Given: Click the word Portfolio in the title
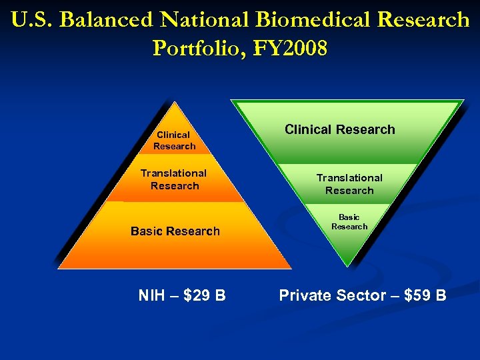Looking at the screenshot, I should point(197,48).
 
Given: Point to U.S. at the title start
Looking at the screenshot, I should point(32,20).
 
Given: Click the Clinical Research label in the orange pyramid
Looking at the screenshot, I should point(174,140).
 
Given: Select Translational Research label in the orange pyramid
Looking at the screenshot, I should point(174,179).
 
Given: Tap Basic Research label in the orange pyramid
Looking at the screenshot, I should point(175,231).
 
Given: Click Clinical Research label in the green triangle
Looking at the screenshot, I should point(339,129).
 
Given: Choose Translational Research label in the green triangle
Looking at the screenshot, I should point(349,184).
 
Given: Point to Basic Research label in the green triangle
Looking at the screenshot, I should point(349,222).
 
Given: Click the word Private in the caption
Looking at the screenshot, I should point(305,295).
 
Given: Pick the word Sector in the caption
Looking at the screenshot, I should point(361,295).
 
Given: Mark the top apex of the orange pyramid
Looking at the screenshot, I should point(175,102).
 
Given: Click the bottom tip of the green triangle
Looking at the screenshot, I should point(347,266).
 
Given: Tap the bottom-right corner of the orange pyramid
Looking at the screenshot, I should point(291,268).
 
